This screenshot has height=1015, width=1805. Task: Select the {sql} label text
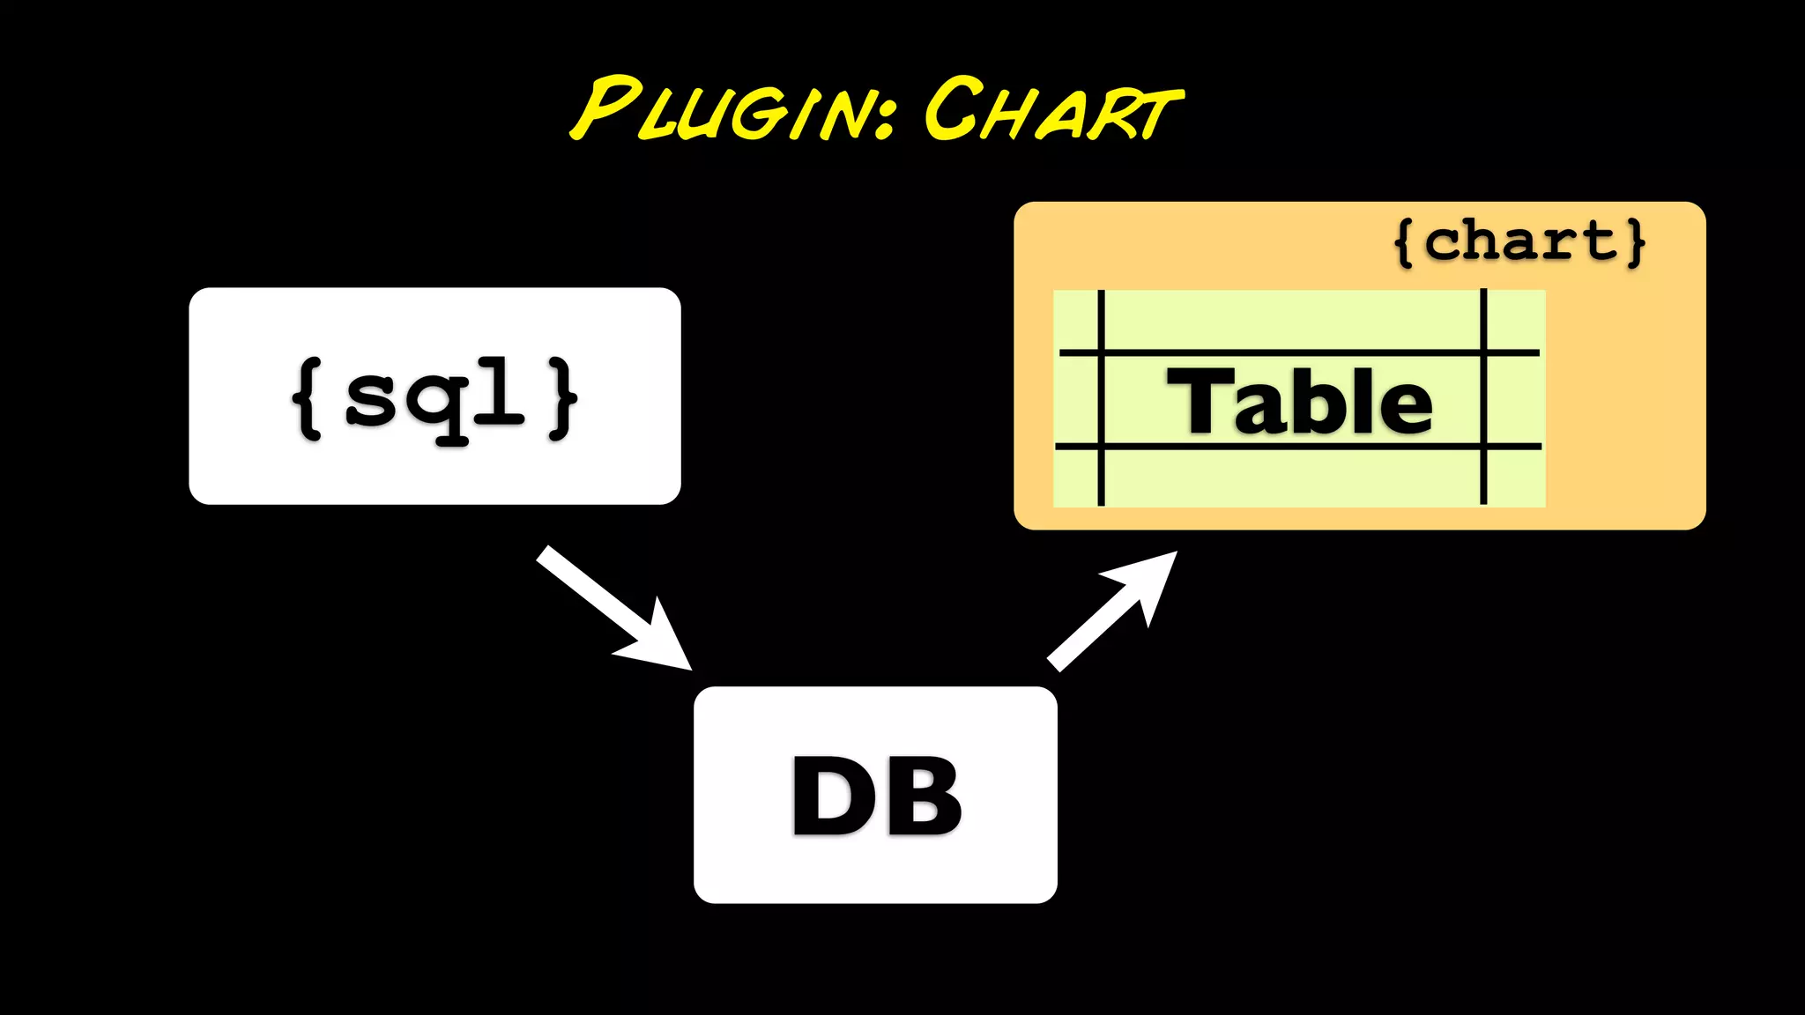[x=435, y=397]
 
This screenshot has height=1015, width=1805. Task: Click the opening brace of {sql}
[x=308, y=397]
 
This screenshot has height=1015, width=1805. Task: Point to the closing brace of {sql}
[x=562, y=397]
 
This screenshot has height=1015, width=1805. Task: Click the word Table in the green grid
[x=1299, y=402]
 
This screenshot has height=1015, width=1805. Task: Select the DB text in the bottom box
[x=876, y=796]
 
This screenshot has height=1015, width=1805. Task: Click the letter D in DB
[x=833, y=796]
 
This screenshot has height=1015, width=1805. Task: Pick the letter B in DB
[x=922, y=796]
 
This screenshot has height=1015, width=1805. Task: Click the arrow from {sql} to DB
[x=599, y=595]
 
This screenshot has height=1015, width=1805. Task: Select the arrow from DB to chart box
[x=1097, y=621]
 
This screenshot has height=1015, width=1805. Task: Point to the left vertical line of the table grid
[x=1101, y=397]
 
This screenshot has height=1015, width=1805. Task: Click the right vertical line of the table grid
[x=1483, y=397]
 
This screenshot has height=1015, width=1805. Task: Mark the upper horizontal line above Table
[x=1299, y=352]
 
